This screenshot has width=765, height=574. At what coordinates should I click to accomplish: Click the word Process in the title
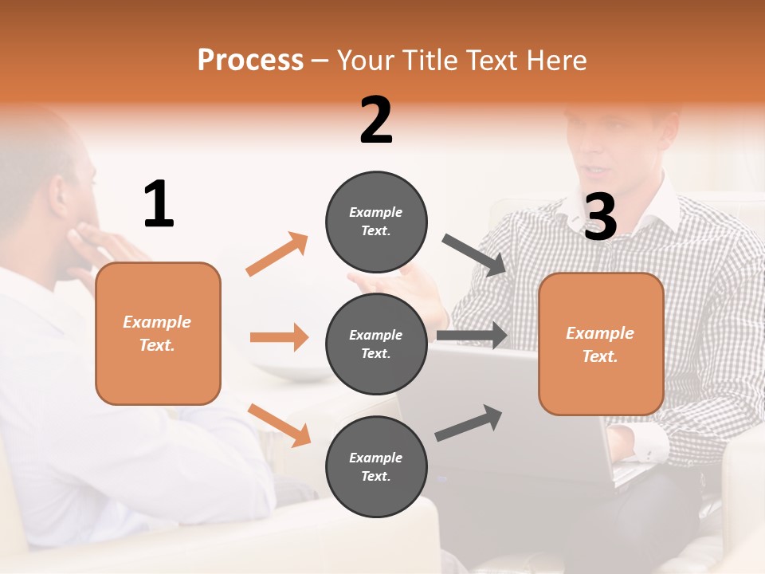point(250,60)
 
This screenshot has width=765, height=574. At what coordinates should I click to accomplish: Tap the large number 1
point(159,204)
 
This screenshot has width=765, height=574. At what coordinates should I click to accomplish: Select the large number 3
point(601,217)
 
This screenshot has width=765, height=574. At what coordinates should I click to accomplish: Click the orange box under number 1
point(158,333)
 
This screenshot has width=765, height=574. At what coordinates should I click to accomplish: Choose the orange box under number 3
point(601,344)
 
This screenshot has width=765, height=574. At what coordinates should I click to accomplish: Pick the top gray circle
point(376,221)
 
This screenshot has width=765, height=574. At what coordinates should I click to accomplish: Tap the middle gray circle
point(376,344)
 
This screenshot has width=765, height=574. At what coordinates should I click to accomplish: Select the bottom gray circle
point(376,466)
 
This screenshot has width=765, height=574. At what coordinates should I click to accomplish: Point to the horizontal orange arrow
point(279,337)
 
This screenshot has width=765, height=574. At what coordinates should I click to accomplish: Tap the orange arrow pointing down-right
point(279,425)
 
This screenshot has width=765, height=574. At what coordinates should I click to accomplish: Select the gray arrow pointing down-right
point(475,255)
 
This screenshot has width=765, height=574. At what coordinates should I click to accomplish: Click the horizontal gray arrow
point(472,336)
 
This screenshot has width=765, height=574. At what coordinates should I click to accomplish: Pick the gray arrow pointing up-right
point(469,423)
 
